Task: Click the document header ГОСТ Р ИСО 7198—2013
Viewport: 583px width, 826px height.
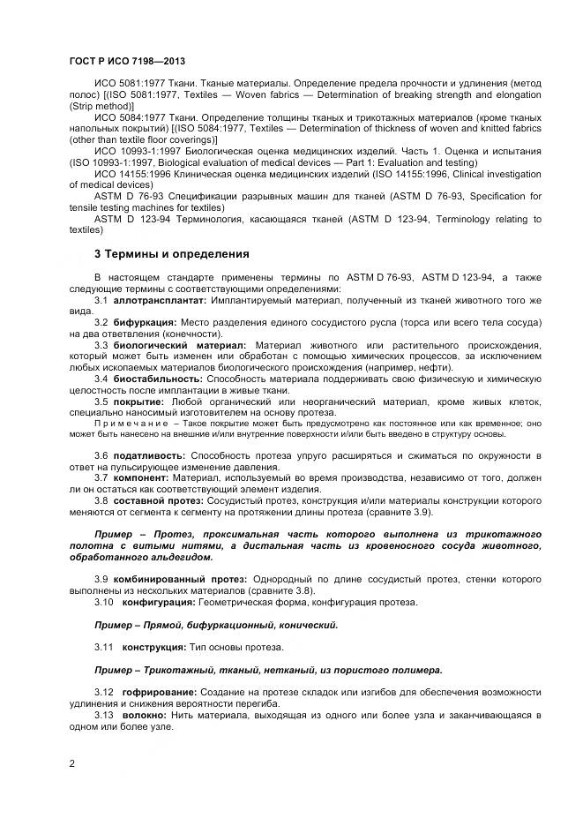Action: point(126,59)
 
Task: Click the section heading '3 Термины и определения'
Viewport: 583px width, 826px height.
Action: point(171,254)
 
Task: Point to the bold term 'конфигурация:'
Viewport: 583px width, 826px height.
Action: point(159,602)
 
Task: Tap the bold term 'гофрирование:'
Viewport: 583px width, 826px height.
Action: point(161,692)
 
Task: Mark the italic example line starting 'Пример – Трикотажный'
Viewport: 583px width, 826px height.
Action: point(268,669)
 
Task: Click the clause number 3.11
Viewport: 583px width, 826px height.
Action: point(104,647)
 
